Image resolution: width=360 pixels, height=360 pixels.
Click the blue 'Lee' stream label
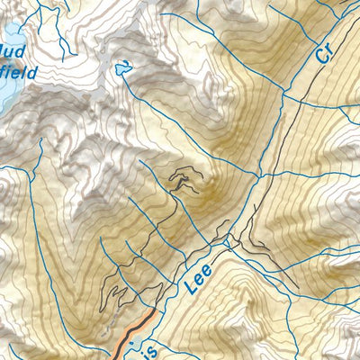[198, 280]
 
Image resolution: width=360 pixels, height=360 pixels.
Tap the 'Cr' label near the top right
[327, 52]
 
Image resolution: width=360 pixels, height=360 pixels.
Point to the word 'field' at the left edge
[18, 72]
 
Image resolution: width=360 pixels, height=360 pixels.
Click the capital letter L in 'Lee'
[190, 291]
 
